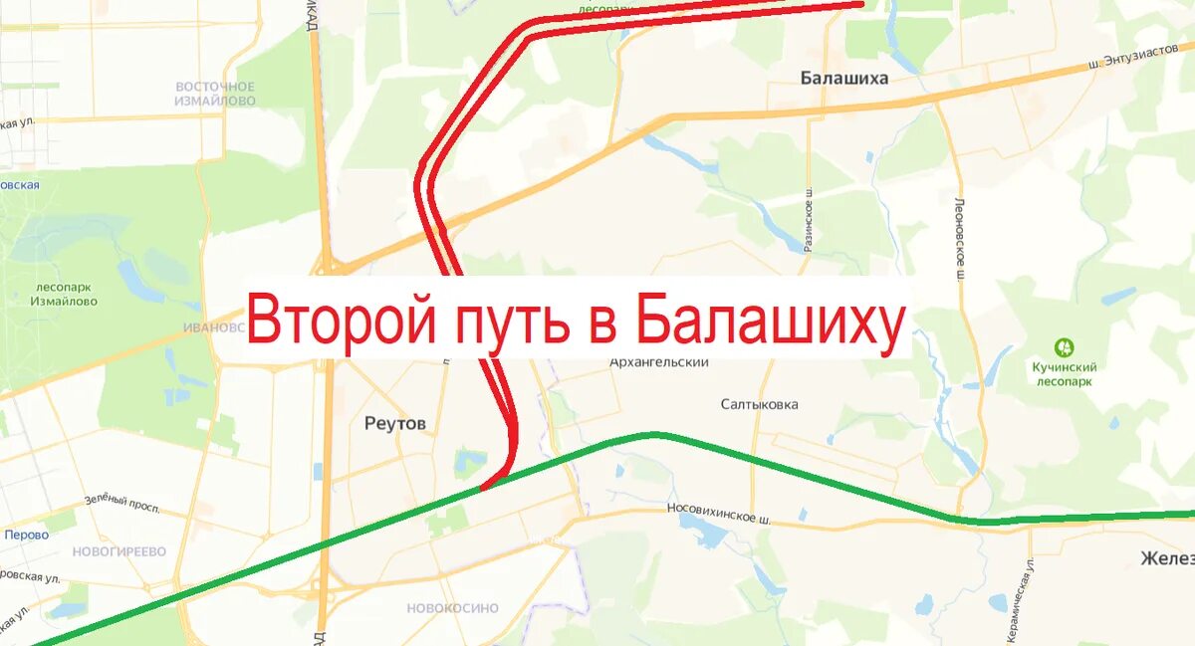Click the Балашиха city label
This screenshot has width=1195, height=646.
[843, 78]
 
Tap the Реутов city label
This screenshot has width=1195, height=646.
[395, 424]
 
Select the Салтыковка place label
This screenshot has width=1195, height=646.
[760, 404]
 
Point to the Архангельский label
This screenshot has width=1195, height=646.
[659, 362]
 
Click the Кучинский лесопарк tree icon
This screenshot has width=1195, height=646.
[1065, 347]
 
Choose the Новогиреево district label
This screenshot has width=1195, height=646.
[119, 551]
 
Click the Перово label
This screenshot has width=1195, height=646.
[26, 535]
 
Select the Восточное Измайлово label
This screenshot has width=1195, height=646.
[214, 94]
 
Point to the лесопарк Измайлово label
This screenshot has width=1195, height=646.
[64, 294]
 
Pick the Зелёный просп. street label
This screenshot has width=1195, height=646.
[121, 503]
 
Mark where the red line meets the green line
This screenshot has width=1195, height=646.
[484, 487]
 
